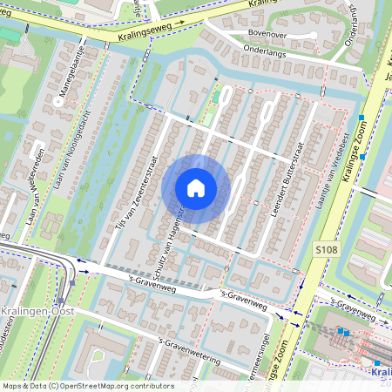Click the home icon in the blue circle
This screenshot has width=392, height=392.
[196, 187]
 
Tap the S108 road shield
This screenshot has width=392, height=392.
[325, 250]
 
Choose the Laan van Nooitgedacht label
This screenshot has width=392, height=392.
[75, 140]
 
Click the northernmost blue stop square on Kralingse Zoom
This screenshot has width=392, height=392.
[361, 117]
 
